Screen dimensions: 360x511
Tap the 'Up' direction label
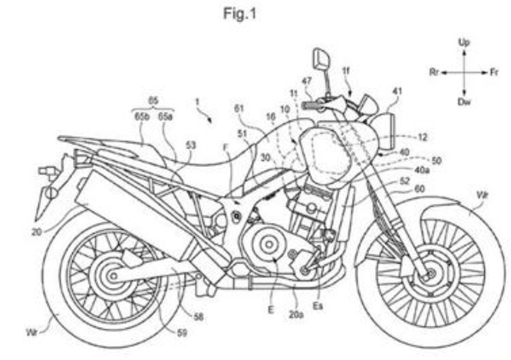coord(464,43)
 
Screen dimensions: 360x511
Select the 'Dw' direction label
coord(464,102)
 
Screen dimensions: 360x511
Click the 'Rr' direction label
coord(434,73)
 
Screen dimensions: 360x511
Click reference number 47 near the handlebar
coord(307,81)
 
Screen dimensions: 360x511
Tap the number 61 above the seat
coord(240,109)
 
